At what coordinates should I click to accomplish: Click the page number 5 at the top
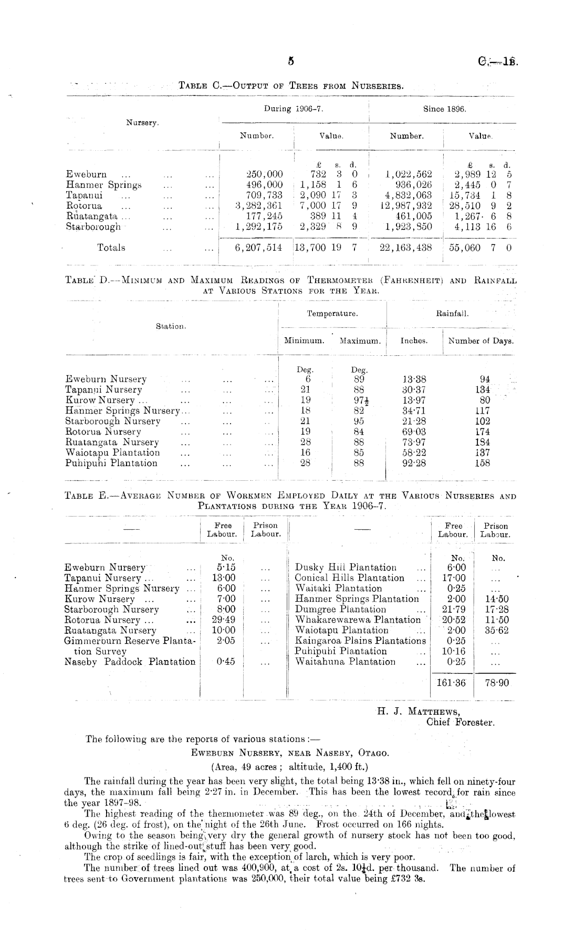pyautogui.click(x=290, y=61)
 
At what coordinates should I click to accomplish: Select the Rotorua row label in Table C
pyautogui.click(x=84, y=206)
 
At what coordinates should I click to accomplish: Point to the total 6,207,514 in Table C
pyautogui.click(x=258, y=248)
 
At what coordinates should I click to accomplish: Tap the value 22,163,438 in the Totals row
pyautogui.click(x=405, y=248)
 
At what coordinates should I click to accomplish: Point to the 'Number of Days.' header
pyautogui.click(x=480, y=341)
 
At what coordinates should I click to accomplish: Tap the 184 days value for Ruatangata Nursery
pyautogui.click(x=482, y=442)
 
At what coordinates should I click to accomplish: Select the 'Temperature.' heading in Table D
pyautogui.click(x=332, y=314)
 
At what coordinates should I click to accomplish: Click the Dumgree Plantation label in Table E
pyautogui.click(x=340, y=609)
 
